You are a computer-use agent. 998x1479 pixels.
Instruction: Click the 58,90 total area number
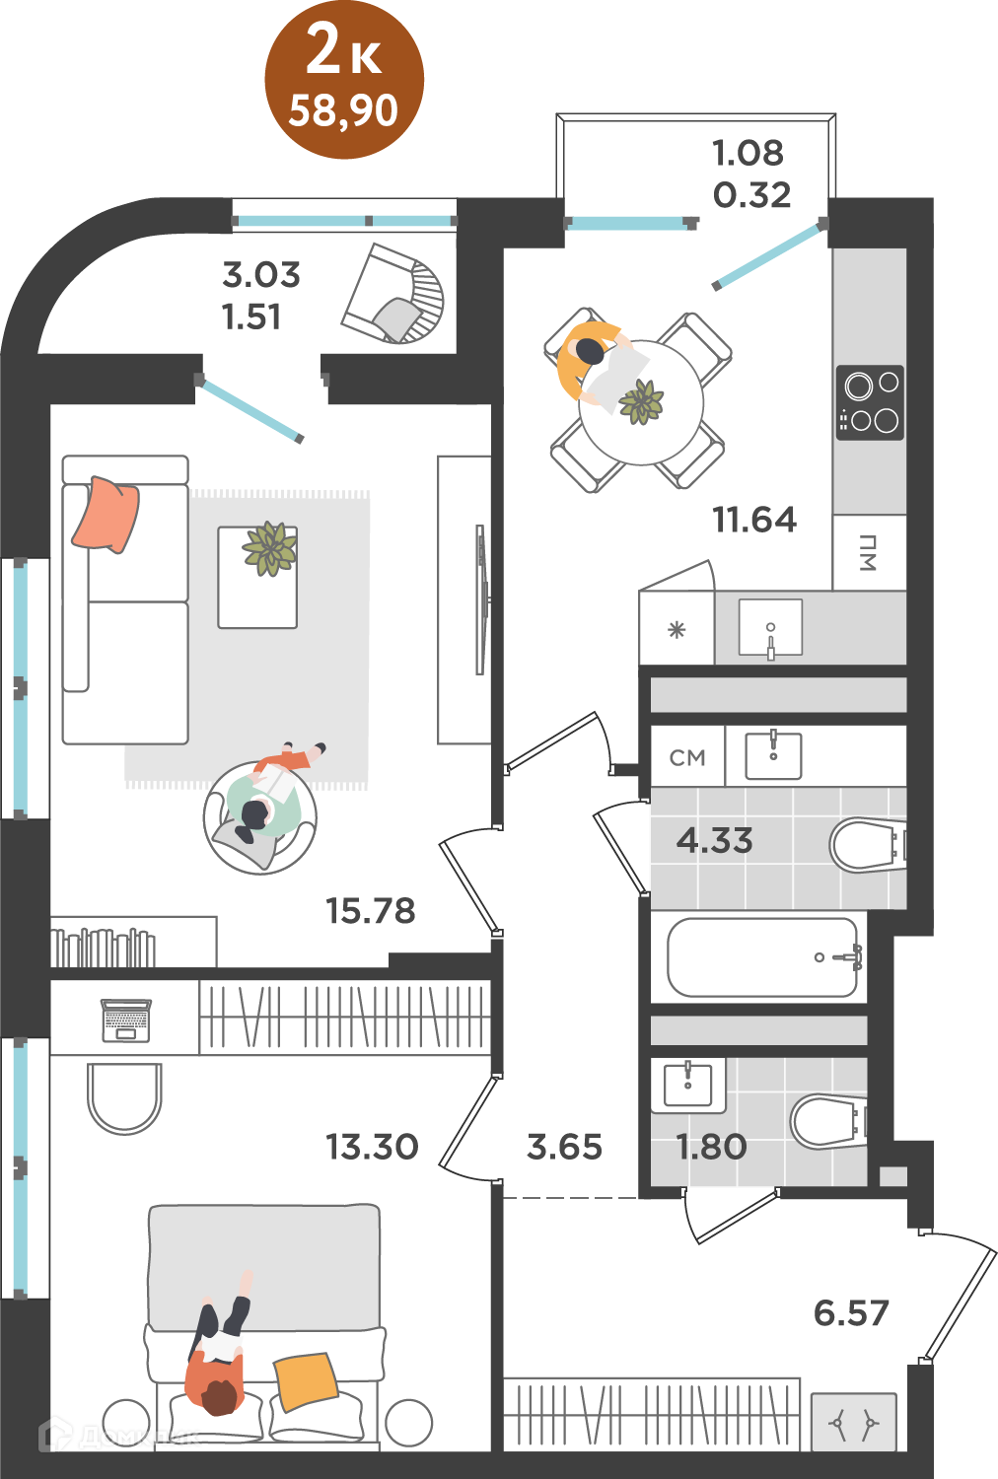pyautogui.click(x=343, y=110)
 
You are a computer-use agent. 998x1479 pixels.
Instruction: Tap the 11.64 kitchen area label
pyautogui.click(x=754, y=520)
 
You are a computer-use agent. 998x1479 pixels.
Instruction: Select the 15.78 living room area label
pyautogui.click(x=371, y=910)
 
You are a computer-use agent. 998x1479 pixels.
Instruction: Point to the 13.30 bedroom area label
pyautogui.click(x=372, y=1147)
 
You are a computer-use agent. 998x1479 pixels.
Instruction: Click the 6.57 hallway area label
pyautogui.click(x=851, y=1312)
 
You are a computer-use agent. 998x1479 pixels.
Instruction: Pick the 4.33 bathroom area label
pyautogui.click(x=714, y=840)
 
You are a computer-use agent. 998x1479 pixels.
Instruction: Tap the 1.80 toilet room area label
pyautogui.click(x=711, y=1147)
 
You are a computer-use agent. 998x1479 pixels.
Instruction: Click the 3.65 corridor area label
pyautogui.click(x=564, y=1147)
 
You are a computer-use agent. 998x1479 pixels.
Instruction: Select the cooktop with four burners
pyautogui.click(x=870, y=402)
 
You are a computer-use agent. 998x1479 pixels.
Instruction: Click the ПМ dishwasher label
pyautogui.click(x=867, y=552)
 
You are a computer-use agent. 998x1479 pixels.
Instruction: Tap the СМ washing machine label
pyautogui.click(x=687, y=757)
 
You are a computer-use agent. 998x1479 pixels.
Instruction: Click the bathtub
pyautogui.click(x=763, y=957)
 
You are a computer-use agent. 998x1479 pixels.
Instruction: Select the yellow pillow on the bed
pyautogui.click(x=306, y=1381)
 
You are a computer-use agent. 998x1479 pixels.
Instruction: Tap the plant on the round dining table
pyautogui.click(x=641, y=401)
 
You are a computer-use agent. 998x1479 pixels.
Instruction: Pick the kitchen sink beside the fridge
pyautogui.click(x=770, y=627)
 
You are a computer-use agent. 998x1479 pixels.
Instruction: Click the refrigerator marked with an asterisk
pyautogui.click(x=677, y=627)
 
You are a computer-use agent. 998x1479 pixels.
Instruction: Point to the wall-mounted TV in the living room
pyautogui.click(x=481, y=599)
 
